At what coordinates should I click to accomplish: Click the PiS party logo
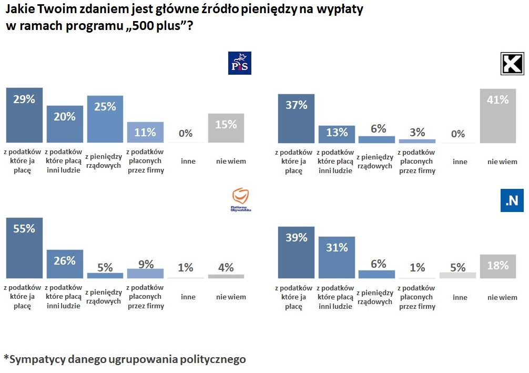(x=240, y=63)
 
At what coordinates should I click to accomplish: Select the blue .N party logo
(x=512, y=200)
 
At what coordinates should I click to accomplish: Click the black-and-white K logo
(x=511, y=64)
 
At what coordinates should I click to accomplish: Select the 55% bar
(x=24, y=248)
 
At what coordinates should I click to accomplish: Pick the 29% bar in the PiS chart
(x=24, y=115)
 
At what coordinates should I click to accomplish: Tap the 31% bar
(x=337, y=257)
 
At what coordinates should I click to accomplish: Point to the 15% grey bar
(x=226, y=128)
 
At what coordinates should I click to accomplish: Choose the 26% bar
(x=65, y=264)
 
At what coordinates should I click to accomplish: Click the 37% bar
(x=296, y=118)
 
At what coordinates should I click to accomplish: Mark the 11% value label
(x=145, y=132)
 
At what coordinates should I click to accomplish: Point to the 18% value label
(x=498, y=265)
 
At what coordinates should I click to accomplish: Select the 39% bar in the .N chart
(x=296, y=252)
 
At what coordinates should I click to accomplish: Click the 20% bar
(x=65, y=124)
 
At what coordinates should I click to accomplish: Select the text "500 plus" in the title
(x=159, y=26)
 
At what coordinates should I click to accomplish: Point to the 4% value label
(x=226, y=267)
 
